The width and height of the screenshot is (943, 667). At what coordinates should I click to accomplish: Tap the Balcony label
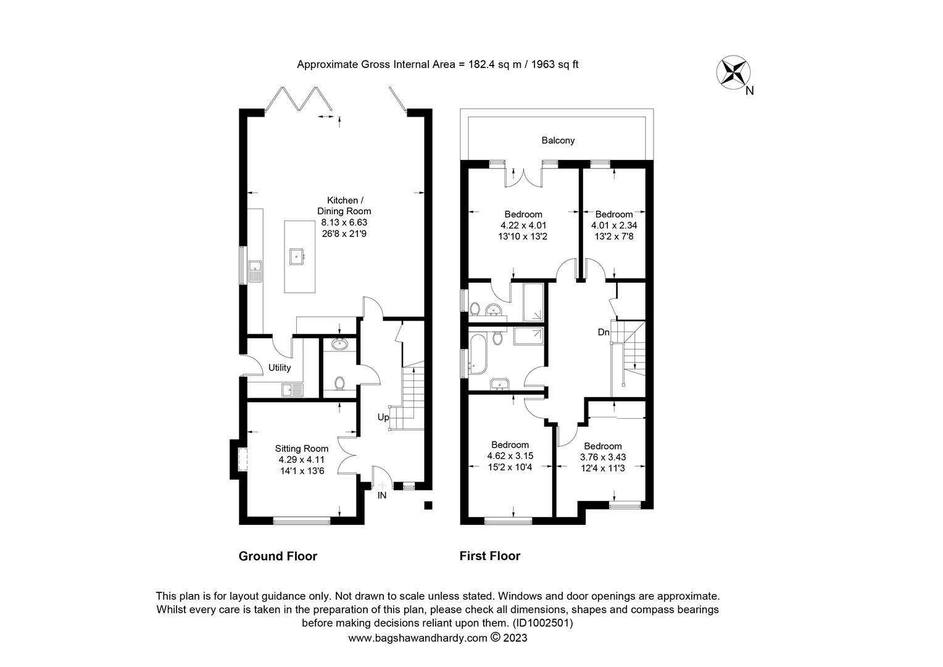tap(558, 140)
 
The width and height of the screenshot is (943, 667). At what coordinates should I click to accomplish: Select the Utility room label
tap(279, 367)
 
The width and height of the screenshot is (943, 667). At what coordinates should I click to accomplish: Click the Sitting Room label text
tap(301, 448)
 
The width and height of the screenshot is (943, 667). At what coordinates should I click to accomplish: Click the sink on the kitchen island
tap(297, 255)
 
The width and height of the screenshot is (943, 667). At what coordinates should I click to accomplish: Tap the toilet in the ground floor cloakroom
tap(339, 383)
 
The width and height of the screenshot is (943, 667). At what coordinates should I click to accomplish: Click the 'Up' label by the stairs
tap(383, 417)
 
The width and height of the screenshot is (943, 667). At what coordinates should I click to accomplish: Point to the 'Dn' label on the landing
tap(603, 332)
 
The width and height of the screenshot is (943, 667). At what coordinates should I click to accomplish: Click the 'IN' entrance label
tap(382, 495)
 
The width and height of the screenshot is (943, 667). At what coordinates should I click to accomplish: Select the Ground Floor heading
tap(278, 556)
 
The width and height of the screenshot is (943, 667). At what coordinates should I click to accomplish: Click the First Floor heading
tap(489, 556)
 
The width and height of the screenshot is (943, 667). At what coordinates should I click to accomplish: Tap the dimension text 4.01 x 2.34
tap(613, 225)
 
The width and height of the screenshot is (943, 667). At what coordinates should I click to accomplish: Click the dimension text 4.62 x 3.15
tap(510, 456)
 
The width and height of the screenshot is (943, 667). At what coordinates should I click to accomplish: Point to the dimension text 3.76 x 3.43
tap(602, 457)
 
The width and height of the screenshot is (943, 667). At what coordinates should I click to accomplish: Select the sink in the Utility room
tap(291, 390)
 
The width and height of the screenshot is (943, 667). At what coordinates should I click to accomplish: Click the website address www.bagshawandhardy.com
tap(418, 638)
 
